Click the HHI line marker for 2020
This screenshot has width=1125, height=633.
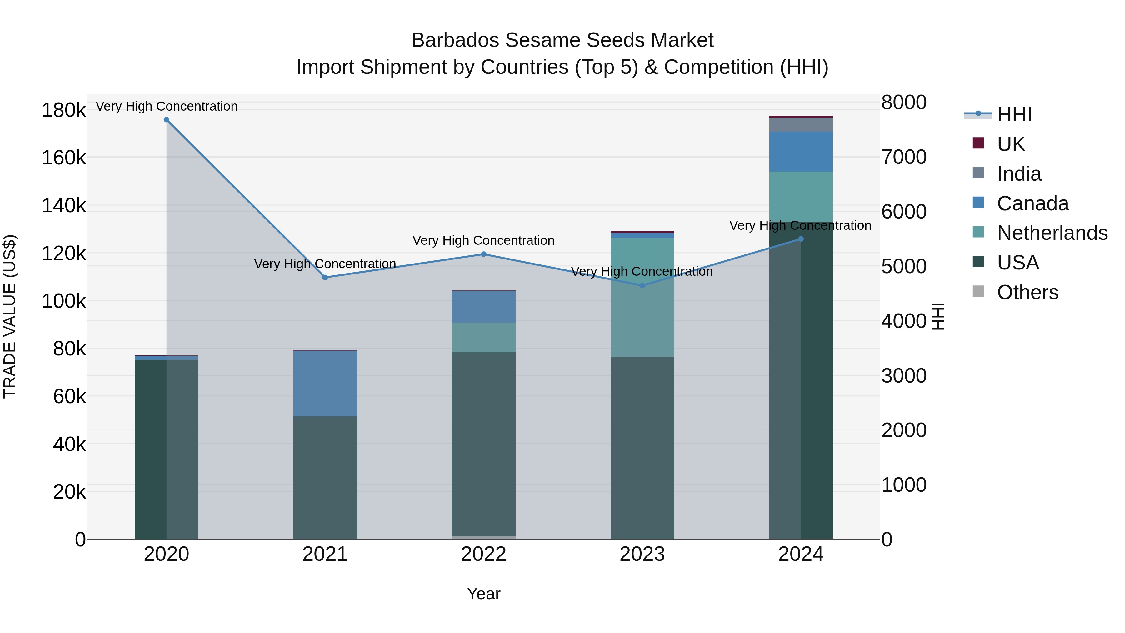coord(166,120)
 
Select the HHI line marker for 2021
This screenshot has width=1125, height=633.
coord(325,277)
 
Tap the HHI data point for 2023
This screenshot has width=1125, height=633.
coord(642,286)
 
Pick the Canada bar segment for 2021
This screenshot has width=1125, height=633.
coord(325,383)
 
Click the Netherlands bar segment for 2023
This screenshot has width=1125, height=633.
coord(642,297)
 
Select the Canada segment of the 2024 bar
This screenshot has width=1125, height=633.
coord(801,152)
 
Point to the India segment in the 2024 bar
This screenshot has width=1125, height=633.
coord(801,124)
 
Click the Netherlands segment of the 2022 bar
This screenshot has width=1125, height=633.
coord(483,337)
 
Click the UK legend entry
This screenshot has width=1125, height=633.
coord(1011,144)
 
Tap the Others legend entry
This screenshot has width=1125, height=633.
coord(1027,292)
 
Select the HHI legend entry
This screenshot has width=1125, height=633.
coord(1014,114)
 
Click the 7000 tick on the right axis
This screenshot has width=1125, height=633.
coord(903,157)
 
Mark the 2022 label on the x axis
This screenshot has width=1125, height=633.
coord(483,554)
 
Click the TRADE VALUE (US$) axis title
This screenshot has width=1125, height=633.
coord(10,316)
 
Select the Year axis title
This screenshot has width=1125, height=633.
coord(483,594)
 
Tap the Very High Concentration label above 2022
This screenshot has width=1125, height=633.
coord(483,240)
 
